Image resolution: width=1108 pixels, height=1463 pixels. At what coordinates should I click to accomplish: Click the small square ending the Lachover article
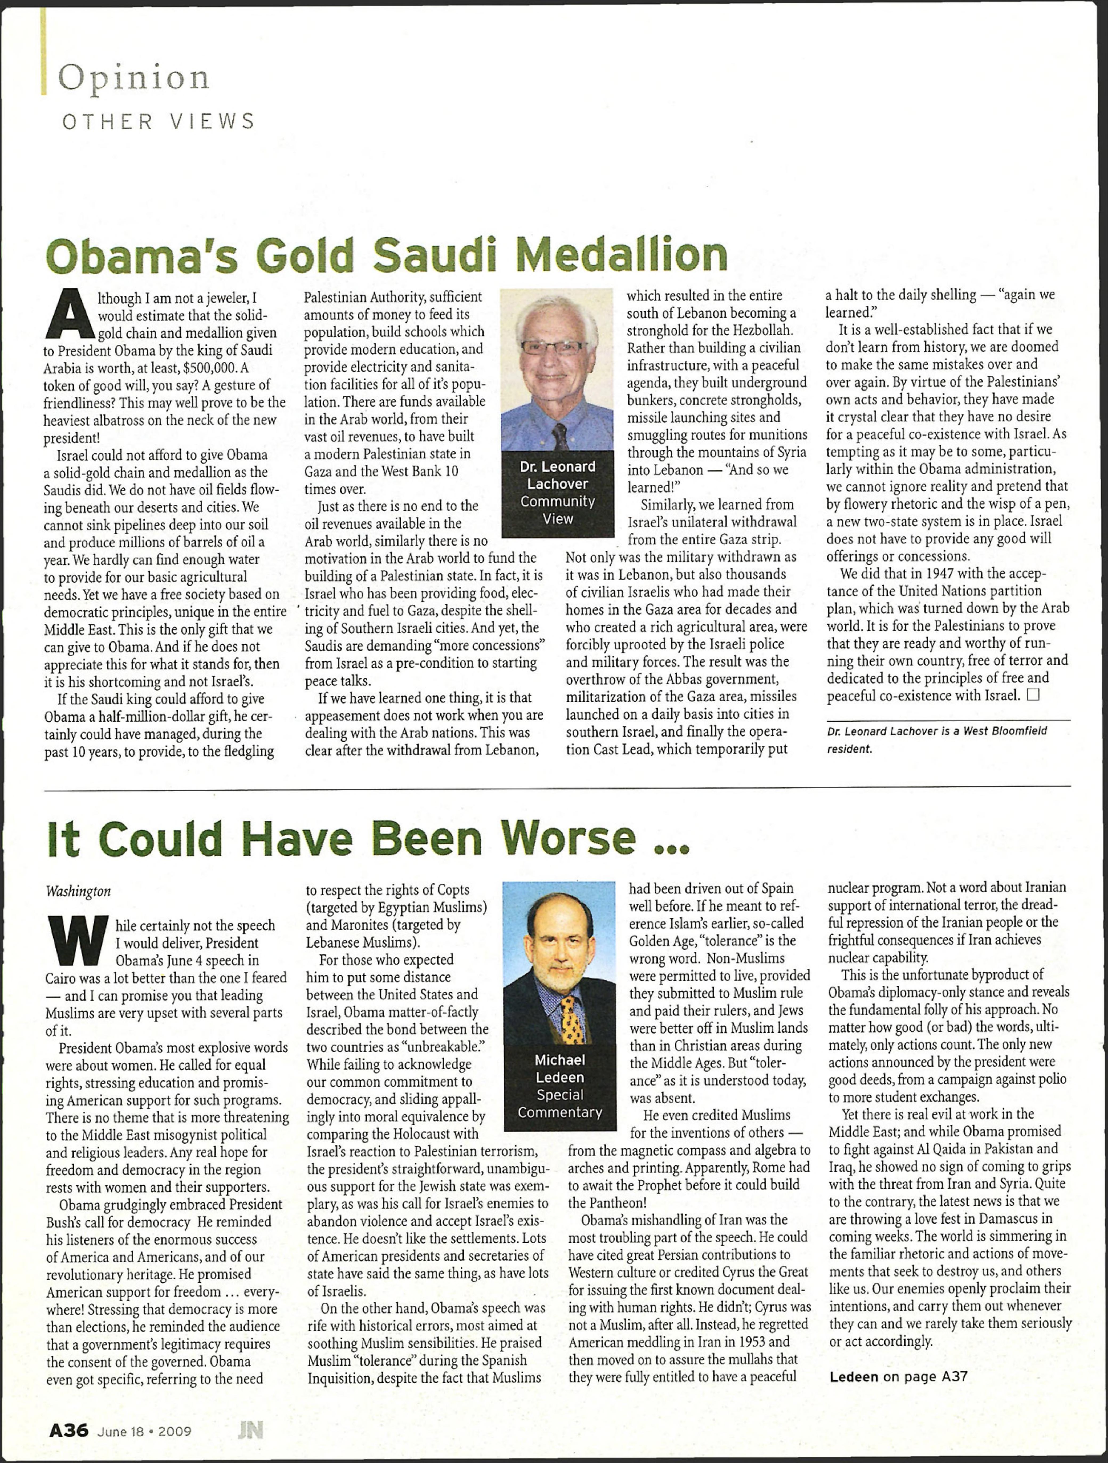point(1033,694)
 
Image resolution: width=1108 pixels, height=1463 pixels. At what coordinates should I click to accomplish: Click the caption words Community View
point(558,510)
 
